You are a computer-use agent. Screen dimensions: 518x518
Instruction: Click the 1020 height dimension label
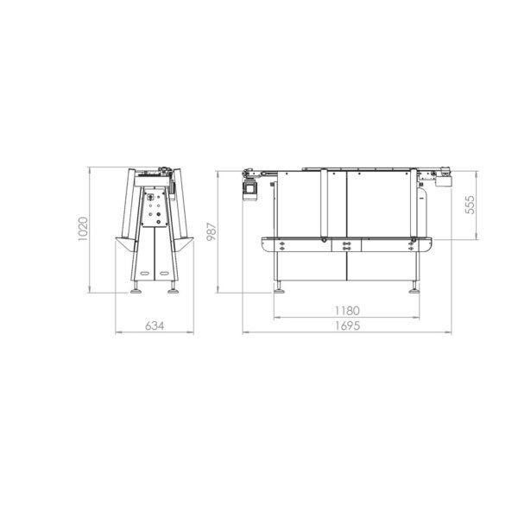point(83,229)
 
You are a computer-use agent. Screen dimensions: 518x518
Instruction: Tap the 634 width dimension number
point(155,325)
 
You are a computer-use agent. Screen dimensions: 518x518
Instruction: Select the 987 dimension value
point(212,231)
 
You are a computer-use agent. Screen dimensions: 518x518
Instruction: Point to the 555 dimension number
point(470,205)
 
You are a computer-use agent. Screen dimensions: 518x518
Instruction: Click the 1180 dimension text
point(347,311)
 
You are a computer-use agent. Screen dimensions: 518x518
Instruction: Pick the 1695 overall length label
point(347,325)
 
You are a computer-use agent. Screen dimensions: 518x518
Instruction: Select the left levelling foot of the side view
point(280,287)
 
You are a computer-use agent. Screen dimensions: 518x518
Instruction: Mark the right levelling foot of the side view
point(414,287)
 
